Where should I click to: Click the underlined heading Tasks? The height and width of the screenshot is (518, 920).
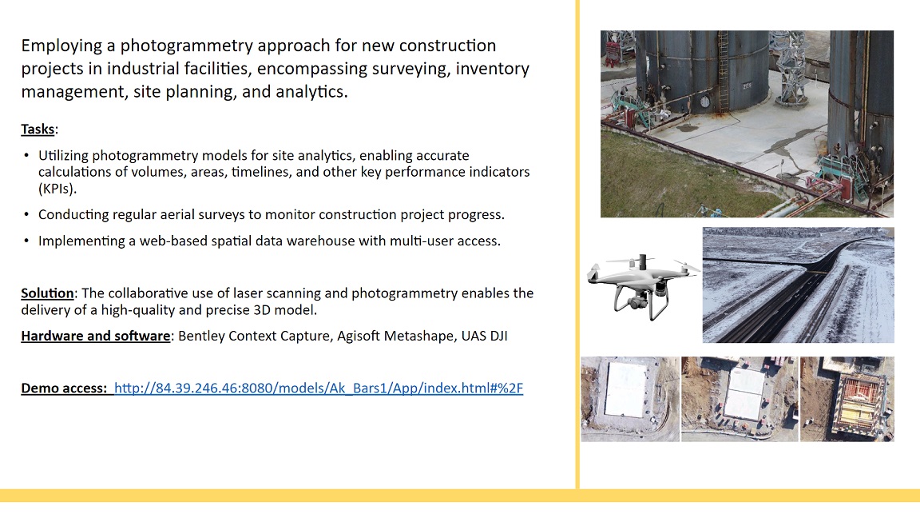coord(38,129)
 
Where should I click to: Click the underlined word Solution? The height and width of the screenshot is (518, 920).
coord(48,293)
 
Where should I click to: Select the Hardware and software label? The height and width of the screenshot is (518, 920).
coord(96,336)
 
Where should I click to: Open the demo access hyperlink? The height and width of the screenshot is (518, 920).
coord(319,388)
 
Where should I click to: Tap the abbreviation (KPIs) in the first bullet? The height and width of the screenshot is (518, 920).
coord(57,189)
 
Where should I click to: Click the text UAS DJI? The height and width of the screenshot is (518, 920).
coord(484,336)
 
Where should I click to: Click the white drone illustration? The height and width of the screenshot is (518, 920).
coord(643,287)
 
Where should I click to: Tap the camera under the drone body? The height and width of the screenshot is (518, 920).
coord(636,301)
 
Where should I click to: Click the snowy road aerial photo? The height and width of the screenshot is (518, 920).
coord(799,285)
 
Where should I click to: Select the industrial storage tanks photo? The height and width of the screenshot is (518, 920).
coord(747,124)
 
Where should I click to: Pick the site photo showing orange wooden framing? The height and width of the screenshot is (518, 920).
coord(847,399)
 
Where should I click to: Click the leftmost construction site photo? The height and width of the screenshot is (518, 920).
coord(630,399)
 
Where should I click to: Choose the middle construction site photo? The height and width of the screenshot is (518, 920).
coord(740,399)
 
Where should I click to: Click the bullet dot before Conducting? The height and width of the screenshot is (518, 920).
coord(26,214)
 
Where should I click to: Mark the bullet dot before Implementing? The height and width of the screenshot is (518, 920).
coord(26,241)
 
